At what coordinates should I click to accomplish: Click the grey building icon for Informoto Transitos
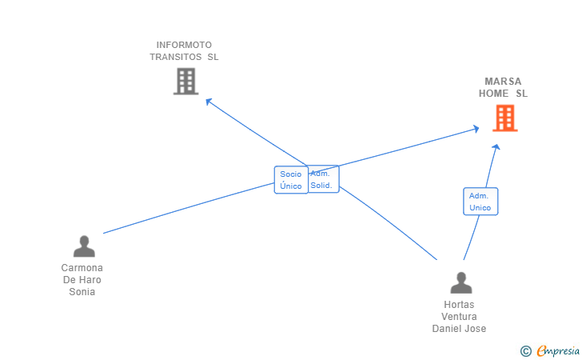pos(185,81)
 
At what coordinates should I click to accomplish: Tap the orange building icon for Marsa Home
pos(504,118)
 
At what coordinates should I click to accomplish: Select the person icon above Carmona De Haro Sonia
pos(83,246)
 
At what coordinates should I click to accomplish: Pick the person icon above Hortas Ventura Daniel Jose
pos(460,283)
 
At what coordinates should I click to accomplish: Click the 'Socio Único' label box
pos(291,180)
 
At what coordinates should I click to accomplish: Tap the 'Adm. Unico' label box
pos(480,202)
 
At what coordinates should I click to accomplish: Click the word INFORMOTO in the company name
pos(184,45)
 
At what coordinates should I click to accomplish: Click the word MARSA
pos(503,82)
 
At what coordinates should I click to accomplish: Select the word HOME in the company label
pos(494,94)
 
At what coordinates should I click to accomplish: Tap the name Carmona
pos(82,268)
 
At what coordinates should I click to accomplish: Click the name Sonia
pos(82,292)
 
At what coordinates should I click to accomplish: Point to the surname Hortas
pos(459,305)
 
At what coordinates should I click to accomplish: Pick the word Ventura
pos(459,317)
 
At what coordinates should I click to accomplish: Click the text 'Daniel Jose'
pos(459,329)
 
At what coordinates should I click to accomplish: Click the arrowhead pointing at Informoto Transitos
pos(208,101)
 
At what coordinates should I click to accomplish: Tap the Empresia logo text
pos(559,350)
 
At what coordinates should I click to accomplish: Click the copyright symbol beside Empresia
pos(525,350)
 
